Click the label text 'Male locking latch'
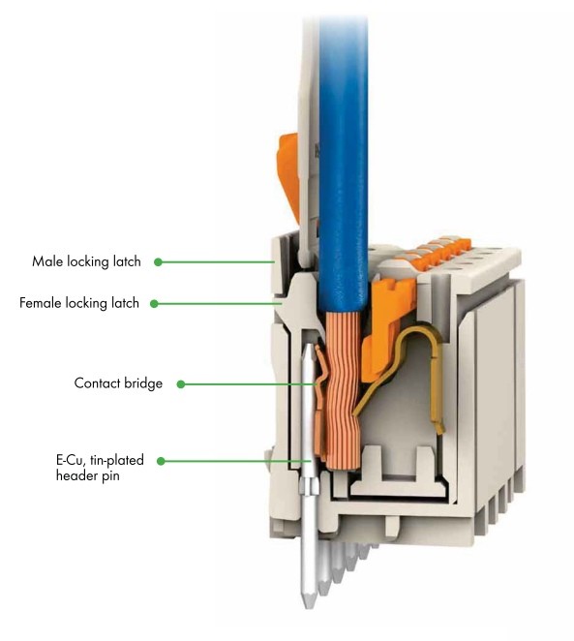tap(86, 261)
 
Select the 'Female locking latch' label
tap(79, 303)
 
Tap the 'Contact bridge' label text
tap(118, 383)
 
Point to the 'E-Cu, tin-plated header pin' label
tap(100, 468)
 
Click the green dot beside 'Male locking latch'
tap(158, 262)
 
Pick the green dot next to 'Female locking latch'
tap(154, 304)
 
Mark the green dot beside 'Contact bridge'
tap(181, 384)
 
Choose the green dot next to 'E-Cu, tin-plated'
tap(161, 461)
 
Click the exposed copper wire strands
tap(343, 388)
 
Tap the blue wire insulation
tap(344, 164)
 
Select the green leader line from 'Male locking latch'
tap(218, 262)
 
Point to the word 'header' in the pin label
tap(76, 475)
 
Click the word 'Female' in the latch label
tap(40, 303)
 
